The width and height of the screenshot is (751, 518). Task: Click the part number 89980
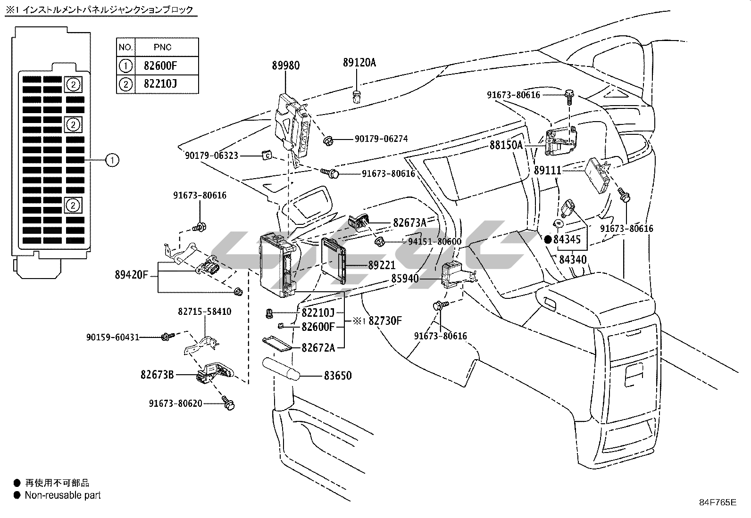click(285, 66)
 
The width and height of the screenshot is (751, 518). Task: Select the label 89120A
click(359, 63)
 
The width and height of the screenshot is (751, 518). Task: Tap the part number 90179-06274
click(381, 139)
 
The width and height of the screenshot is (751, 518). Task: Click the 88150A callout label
click(506, 145)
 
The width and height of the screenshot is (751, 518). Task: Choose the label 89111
click(547, 170)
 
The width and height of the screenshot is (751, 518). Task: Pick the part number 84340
click(573, 259)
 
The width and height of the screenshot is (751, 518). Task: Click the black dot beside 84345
click(548, 239)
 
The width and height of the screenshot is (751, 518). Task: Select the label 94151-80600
click(434, 242)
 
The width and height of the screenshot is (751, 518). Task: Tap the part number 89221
click(382, 266)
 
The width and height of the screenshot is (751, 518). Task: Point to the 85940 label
click(405, 279)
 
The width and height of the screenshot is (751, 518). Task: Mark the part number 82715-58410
click(205, 312)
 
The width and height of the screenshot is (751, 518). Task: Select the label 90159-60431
click(113, 337)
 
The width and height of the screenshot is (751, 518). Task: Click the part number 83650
click(337, 376)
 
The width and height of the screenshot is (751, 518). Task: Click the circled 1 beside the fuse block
click(112, 160)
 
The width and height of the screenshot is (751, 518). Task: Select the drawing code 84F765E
click(718, 502)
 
